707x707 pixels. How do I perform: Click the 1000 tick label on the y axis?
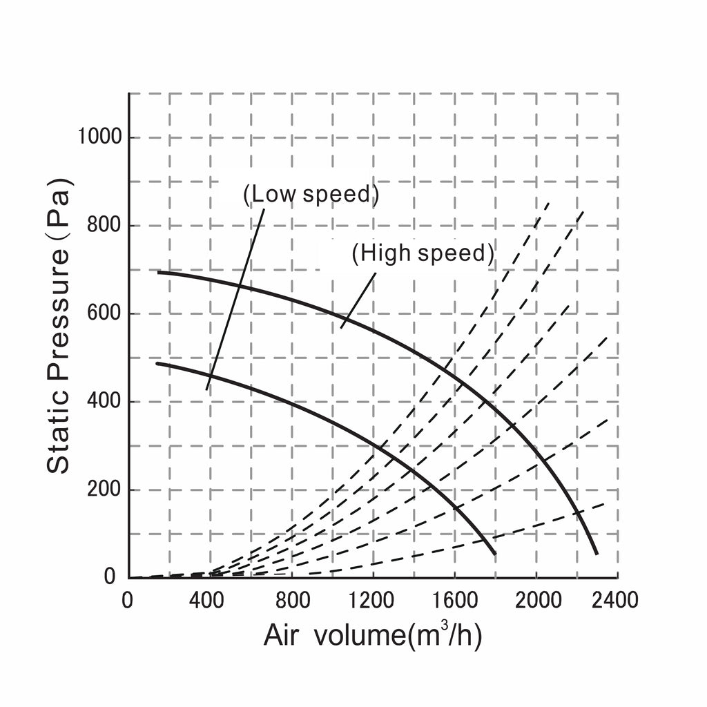(x=99, y=136)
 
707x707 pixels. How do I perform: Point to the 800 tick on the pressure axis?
(x=104, y=224)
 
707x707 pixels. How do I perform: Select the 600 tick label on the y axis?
(x=104, y=313)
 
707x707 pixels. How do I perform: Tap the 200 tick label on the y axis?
(x=104, y=489)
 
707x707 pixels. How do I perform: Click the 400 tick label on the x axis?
(x=206, y=600)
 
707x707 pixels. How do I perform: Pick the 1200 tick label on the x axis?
(x=371, y=600)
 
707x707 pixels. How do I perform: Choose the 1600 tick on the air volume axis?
(x=455, y=600)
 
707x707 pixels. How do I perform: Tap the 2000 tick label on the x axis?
(x=539, y=600)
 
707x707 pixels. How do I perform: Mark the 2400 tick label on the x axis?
(x=614, y=600)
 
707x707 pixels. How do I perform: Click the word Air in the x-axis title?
(x=281, y=635)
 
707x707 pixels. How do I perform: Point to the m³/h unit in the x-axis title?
(x=445, y=635)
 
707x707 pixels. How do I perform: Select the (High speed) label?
(x=423, y=253)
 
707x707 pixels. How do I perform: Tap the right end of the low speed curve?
(x=494, y=553)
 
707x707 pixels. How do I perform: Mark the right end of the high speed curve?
(x=597, y=553)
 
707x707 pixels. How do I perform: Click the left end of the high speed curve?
(x=158, y=272)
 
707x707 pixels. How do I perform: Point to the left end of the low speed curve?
(x=157, y=363)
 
